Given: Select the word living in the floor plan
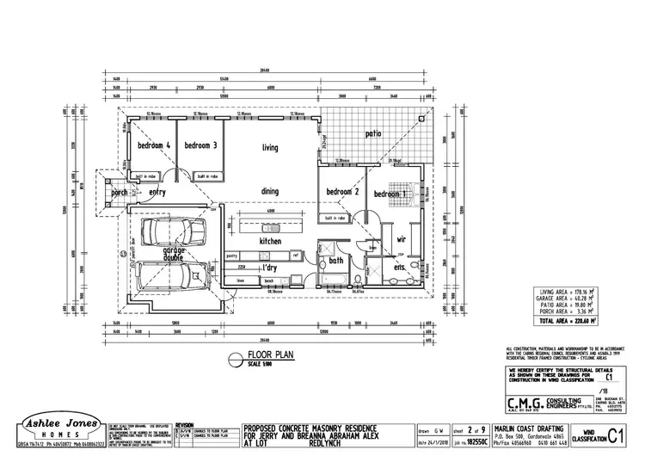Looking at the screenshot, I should (x=270, y=148).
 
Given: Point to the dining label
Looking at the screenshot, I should (x=270, y=191).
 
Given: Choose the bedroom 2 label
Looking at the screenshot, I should (x=341, y=192).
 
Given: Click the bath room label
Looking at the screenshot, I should (x=335, y=259).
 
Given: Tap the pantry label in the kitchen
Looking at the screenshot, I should (x=231, y=256).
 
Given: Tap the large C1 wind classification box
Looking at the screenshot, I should (x=615, y=434).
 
